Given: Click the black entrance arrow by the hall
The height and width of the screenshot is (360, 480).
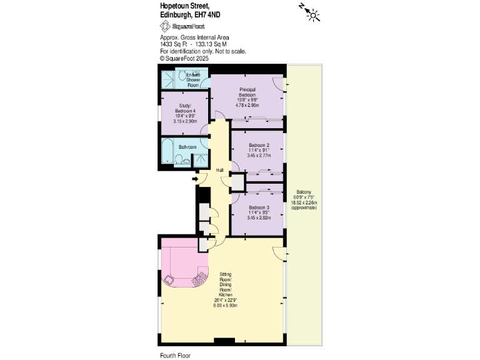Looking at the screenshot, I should point(195,179).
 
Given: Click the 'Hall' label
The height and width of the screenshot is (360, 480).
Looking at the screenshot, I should point(220,170).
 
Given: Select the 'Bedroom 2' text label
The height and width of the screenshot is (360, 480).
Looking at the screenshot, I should point(259,145).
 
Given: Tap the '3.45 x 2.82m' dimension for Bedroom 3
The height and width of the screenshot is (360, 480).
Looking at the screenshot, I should point(259,217).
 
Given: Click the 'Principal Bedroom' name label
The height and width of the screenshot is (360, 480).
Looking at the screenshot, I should point(247,92).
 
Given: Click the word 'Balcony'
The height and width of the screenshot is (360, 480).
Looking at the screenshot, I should point(304,192).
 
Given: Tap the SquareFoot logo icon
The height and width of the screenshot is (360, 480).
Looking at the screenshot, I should point(166,26).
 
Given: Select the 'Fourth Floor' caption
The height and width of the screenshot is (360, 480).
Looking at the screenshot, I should point(175,354).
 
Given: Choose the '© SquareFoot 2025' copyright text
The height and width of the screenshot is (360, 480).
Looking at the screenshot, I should point(184,57).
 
